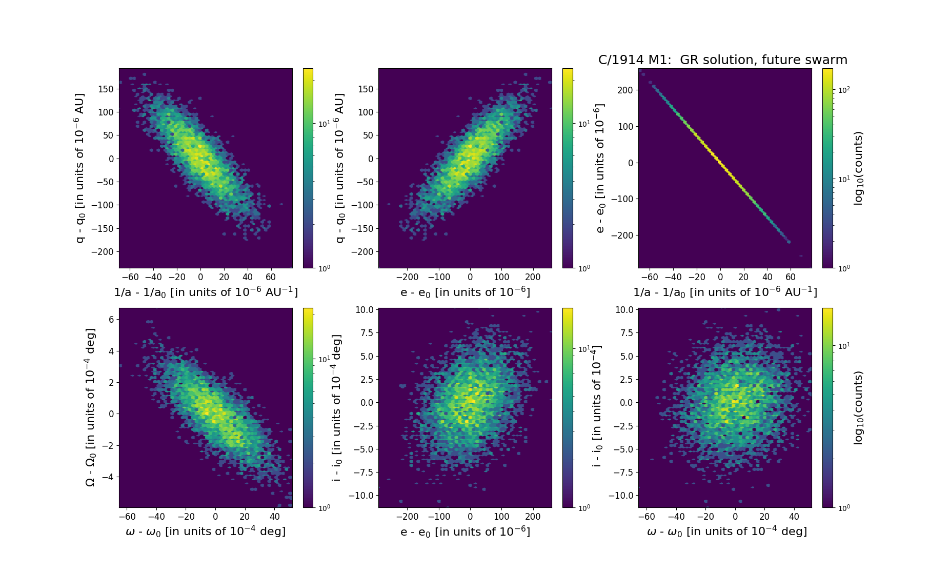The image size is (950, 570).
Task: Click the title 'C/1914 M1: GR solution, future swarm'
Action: coord(722,60)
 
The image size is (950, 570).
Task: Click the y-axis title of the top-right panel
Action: coord(600,168)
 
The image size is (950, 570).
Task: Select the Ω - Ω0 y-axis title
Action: coord(90,407)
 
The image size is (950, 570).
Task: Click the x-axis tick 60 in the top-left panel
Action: coord(271,277)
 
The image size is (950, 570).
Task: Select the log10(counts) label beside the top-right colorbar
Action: coord(858,168)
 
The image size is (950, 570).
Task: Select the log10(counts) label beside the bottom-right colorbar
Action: coord(858,407)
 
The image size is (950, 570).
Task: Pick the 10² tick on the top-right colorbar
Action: coord(843,90)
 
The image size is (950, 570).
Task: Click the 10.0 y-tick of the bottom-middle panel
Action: coord(365,310)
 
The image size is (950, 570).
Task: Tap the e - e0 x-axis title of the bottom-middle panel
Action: coord(465,532)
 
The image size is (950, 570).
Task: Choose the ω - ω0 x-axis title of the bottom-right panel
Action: coord(726,532)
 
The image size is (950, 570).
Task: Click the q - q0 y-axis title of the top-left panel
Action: coord(80,168)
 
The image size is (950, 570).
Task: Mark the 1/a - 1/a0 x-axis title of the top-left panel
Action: coord(206,292)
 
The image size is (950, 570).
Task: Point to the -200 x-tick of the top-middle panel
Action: coord(408,277)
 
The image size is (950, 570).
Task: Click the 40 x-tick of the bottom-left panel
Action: coord(275,517)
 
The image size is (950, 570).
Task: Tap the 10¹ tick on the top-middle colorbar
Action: coord(584,124)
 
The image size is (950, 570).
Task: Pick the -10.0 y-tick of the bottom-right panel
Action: coord(621,496)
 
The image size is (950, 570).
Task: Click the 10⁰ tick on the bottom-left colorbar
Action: coord(324,507)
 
